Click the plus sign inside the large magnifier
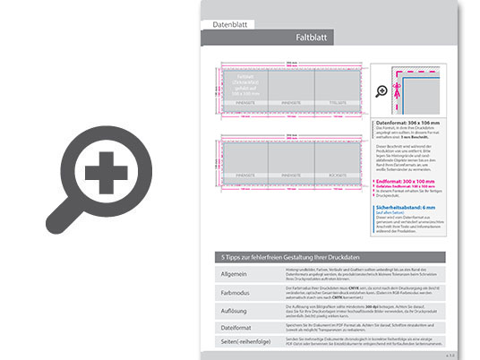click(x=106, y=169)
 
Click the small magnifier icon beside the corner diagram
click(x=383, y=90)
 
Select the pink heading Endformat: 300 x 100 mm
click(x=409, y=179)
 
